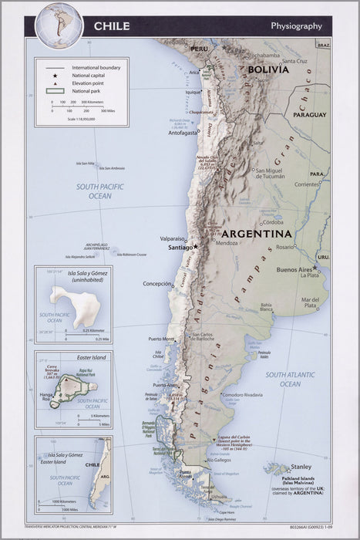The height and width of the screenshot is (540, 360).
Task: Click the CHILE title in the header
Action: [112, 26]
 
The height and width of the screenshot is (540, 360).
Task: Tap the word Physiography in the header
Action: [296, 26]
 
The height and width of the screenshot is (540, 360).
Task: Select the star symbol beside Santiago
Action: [196, 247]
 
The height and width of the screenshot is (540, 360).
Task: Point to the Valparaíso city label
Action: [173, 238]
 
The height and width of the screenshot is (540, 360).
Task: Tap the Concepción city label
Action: [157, 284]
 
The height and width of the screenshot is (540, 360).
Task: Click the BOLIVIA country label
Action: [268, 69]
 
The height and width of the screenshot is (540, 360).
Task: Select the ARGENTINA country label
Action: [257, 233]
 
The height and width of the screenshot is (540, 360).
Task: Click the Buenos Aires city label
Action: [294, 269]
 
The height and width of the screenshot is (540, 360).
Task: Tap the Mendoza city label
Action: [227, 244]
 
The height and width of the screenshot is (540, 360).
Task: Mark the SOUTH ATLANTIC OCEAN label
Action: [290, 379]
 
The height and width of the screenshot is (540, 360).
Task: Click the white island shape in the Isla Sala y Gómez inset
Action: [75, 305]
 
